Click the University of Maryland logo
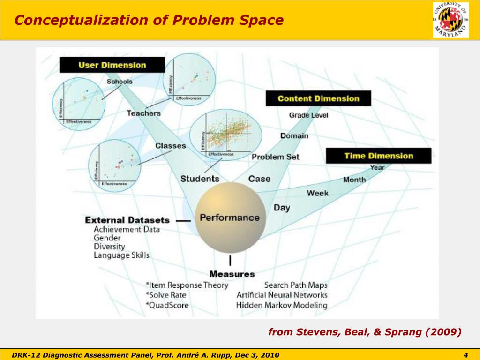450,20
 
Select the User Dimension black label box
112,65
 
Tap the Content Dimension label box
318,98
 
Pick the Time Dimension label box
378,156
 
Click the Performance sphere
230,217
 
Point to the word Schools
120,82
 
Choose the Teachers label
143,113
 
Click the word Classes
171,146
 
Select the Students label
200,179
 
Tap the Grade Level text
308,115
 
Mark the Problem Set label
275,157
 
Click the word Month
354,180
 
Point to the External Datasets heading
127,220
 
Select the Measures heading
232,274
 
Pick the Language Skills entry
121,255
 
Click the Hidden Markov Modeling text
282,305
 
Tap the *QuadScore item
167,305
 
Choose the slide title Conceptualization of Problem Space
149,20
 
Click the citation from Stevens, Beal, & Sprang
365,332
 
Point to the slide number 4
466,355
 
